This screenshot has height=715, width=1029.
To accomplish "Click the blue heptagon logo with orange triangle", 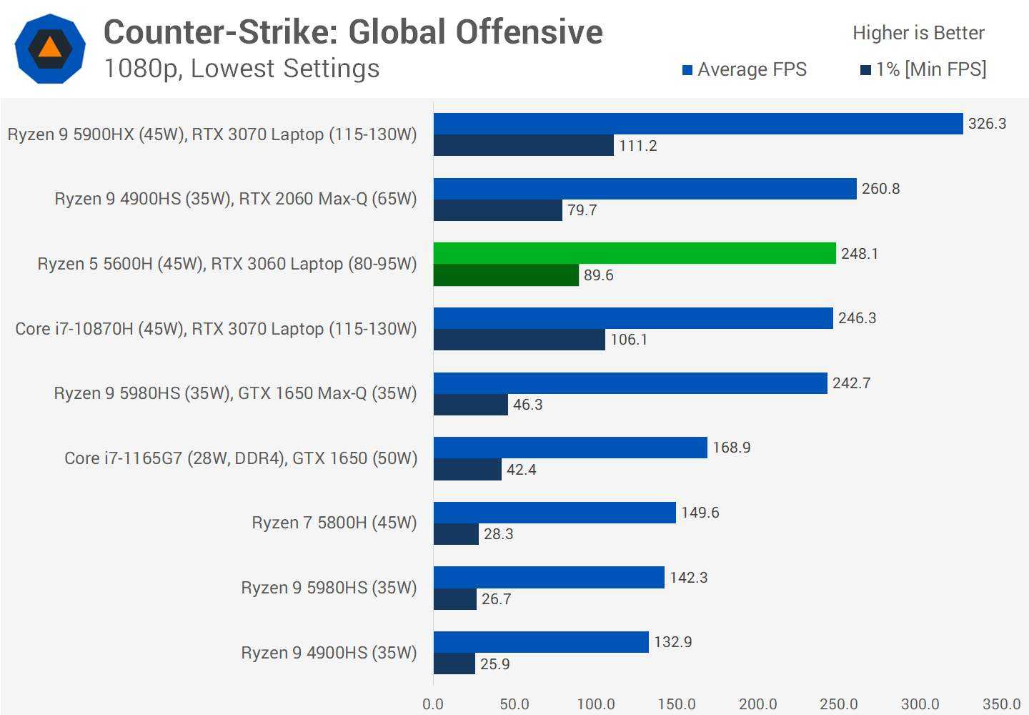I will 50,49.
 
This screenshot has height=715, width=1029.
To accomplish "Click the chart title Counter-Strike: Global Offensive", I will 353,32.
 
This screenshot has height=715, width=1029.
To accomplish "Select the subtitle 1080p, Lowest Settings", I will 242,69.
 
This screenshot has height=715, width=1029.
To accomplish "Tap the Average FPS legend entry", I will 745,69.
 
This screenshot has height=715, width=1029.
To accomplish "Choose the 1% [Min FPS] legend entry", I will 923,69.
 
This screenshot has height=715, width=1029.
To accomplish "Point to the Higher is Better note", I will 918,33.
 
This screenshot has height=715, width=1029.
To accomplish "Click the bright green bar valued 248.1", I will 635,253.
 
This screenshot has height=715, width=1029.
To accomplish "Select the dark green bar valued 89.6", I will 506,275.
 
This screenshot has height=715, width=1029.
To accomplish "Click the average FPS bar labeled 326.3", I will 698,124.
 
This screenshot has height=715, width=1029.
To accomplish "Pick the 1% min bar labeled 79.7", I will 497,210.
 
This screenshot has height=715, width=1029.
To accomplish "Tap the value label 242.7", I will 851,383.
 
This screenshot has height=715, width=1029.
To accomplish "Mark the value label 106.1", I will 629,340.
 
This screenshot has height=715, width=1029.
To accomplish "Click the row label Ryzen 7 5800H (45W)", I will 334,523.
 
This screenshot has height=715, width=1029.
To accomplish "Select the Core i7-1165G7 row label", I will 241,458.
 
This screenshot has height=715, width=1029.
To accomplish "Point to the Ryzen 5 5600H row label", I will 227,264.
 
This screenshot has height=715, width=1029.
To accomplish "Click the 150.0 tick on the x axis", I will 677,704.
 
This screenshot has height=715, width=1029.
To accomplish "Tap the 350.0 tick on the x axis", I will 1001,704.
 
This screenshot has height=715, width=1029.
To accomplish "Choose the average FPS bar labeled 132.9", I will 541,642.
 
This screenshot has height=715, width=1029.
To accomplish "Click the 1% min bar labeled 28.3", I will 456,534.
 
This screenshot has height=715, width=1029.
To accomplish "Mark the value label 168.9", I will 731,448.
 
